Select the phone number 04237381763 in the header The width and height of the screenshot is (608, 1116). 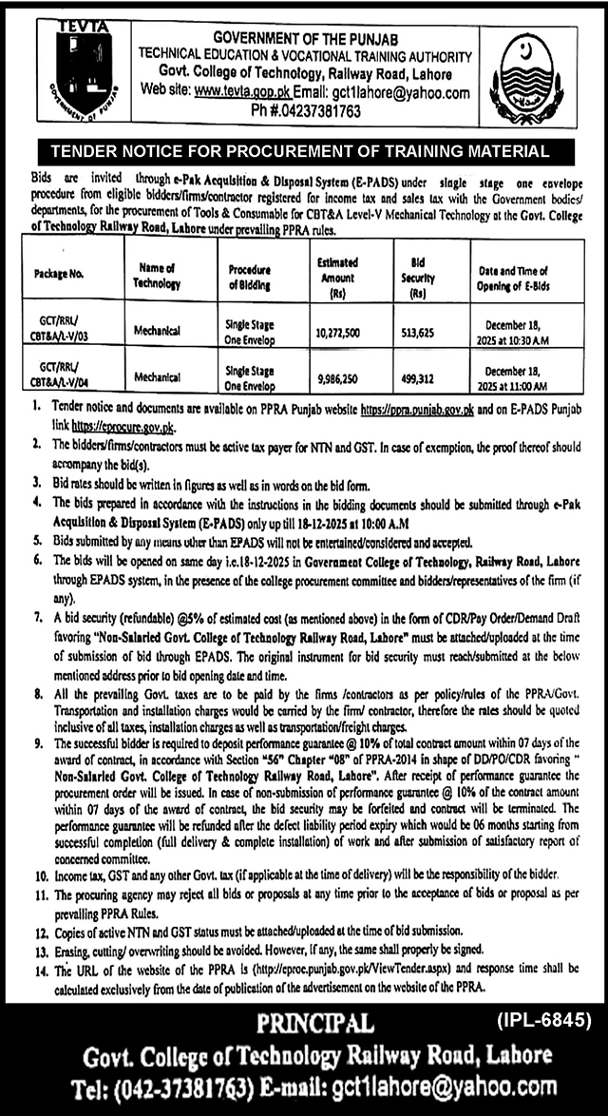click(320, 111)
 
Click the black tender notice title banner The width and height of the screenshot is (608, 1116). click(303, 150)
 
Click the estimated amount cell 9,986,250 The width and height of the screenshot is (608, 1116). click(337, 376)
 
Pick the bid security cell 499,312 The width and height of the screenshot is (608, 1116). click(424, 376)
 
